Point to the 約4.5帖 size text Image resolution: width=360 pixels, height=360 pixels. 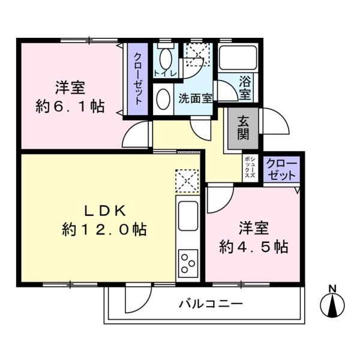point(254,246)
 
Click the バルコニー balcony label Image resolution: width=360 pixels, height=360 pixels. point(211,304)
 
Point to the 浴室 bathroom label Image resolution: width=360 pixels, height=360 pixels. point(245,88)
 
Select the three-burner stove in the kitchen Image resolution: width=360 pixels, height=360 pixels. point(188,262)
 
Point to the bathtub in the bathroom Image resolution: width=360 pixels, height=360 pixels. point(238,59)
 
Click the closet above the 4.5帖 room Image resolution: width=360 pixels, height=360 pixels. point(281,169)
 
